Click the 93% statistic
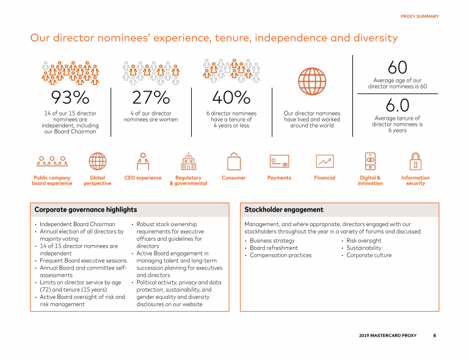tap(70, 98)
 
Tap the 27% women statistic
tap(151, 98)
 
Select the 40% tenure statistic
tap(231, 98)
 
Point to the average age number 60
tap(397, 68)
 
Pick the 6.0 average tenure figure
tap(397, 106)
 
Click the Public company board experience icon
tap(51, 161)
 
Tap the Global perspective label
tap(98, 180)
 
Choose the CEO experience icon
tap(143, 161)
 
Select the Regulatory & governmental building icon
tap(188, 161)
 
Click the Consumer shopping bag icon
tap(234, 161)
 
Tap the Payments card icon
tap(279, 161)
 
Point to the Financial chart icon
tap(325, 161)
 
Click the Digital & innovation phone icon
tap(370, 161)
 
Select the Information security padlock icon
tap(415, 161)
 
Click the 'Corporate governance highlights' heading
tap(85, 210)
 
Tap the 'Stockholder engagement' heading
tap(283, 210)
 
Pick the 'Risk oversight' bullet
tap(364, 241)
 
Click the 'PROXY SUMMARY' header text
tap(419, 17)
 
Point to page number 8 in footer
tap(434, 336)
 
